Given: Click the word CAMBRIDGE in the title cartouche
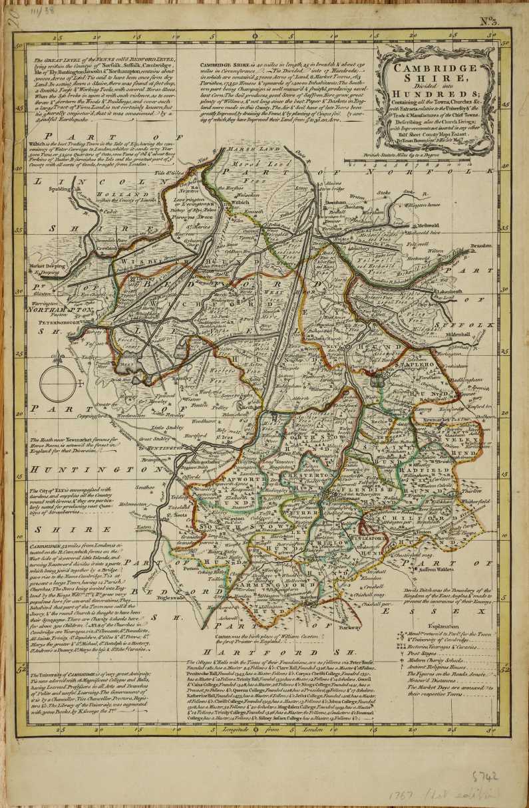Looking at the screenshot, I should click(434, 68).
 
